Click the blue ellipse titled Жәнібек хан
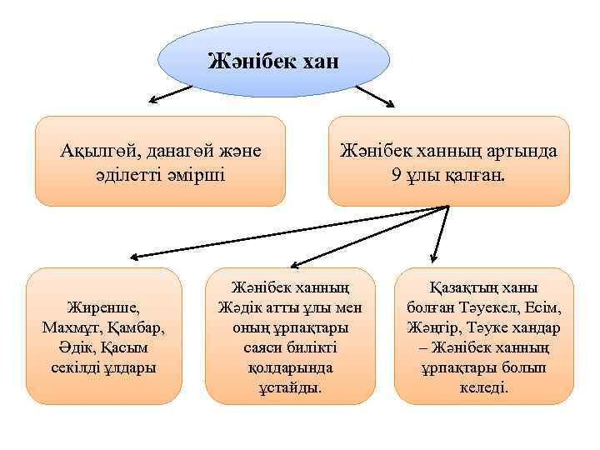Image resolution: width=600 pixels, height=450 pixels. click(273, 60)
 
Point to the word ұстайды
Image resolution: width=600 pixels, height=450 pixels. click(289, 387)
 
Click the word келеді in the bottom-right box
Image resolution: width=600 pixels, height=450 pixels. click(482, 387)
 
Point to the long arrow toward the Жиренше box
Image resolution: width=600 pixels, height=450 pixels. click(283, 230)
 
